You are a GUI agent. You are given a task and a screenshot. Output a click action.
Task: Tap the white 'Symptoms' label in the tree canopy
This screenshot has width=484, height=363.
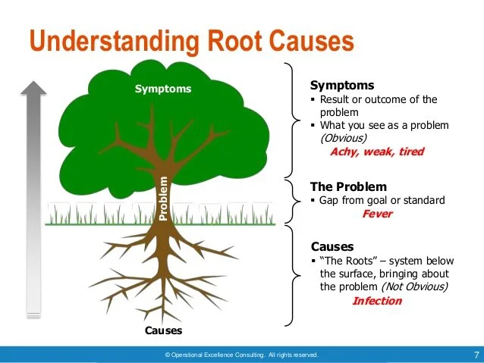click(163, 89)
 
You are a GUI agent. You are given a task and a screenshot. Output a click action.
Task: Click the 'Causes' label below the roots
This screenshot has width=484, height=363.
click(163, 331)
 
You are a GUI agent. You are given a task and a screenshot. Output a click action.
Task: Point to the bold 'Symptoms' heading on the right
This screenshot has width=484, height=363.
click(342, 86)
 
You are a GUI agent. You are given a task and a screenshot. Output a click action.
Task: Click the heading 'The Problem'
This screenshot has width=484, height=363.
click(348, 186)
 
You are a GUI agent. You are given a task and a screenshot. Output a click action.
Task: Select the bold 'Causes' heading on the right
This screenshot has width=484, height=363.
click(332, 246)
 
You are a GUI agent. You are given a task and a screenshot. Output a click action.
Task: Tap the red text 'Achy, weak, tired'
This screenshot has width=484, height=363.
click(376, 151)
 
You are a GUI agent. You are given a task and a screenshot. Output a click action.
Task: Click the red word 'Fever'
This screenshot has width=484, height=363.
click(377, 214)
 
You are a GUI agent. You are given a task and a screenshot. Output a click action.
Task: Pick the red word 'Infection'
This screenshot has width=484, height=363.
click(377, 301)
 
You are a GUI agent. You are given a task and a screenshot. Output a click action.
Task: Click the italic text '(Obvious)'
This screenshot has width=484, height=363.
click(344, 138)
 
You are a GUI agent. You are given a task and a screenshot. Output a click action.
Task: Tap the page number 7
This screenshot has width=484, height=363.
click(476, 354)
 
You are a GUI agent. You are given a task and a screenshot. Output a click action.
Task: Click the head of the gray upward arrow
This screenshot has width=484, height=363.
click(34, 91)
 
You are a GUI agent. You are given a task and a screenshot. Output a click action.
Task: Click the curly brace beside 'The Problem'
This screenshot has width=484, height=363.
click(292, 201)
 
